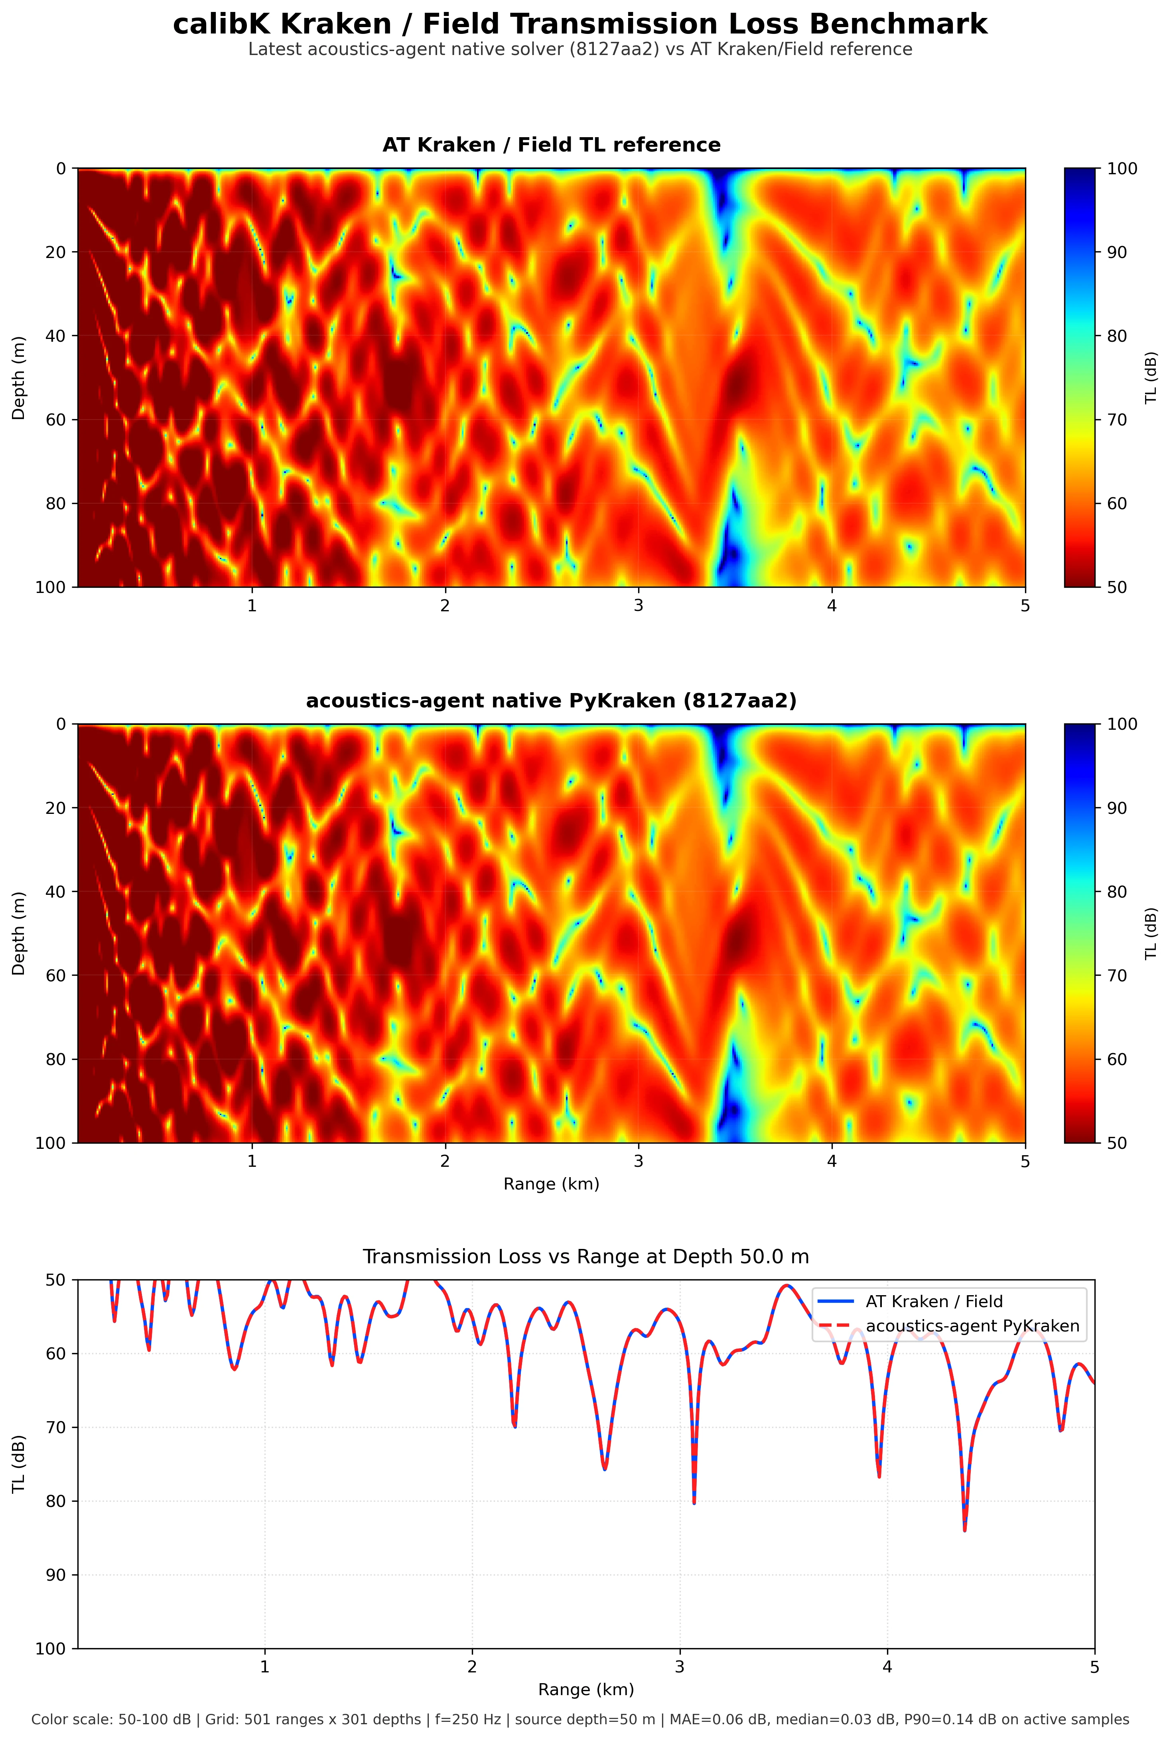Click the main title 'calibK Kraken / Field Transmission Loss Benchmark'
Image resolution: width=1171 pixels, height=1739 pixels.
pos(580,25)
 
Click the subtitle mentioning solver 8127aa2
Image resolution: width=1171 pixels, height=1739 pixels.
pos(580,49)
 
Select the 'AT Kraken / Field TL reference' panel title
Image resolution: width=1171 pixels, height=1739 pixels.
pos(551,145)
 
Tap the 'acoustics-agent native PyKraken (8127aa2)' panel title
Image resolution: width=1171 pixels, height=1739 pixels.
pos(551,700)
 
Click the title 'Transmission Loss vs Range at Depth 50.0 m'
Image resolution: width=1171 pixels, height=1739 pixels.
pos(585,1256)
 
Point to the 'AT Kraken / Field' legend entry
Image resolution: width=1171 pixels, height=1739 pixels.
pos(934,1302)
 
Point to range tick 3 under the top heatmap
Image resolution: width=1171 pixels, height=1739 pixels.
pos(639,606)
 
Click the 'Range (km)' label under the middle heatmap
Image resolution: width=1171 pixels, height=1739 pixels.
pos(551,1184)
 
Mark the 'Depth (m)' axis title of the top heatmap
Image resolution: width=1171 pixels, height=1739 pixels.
pos(19,378)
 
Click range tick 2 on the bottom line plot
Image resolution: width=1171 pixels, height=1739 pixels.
pos(472,1667)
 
